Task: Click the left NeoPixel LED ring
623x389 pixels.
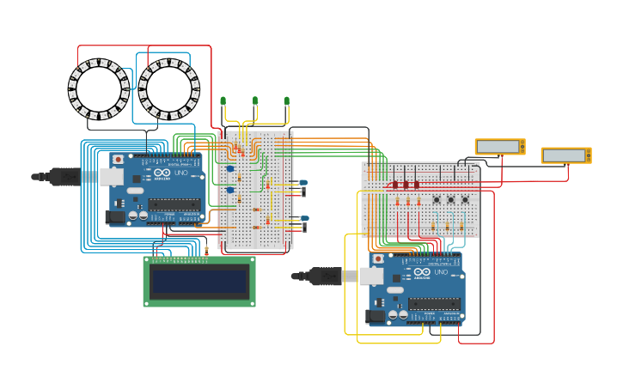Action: (x=99, y=88)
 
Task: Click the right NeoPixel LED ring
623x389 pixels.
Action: (x=169, y=88)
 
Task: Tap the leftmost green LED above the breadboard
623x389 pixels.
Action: (x=223, y=101)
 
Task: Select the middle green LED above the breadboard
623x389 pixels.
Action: (x=255, y=101)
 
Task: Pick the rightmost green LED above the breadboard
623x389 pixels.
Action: (x=287, y=101)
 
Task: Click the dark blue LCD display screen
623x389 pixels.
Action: (x=199, y=281)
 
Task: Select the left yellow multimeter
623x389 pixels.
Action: (x=500, y=147)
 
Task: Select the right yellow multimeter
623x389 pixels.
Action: (x=565, y=155)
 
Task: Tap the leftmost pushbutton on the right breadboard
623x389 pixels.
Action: (x=437, y=201)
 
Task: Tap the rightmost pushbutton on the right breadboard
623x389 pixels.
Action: (x=465, y=201)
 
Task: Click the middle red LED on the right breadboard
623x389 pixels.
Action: (x=406, y=185)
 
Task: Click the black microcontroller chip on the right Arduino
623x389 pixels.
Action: (x=434, y=303)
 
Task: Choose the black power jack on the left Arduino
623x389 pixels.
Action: (x=115, y=217)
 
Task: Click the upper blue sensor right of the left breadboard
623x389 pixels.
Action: (x=302, y=182)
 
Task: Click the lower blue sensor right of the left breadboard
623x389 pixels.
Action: (x=303, y=219)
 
